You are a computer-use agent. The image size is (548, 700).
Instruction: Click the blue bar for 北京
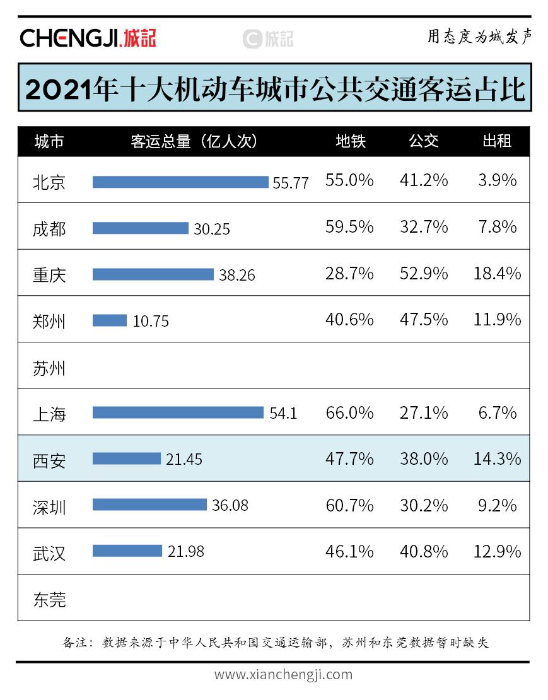[x=180, y=182]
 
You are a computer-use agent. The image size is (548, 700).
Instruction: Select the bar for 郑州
[x=110, y=320]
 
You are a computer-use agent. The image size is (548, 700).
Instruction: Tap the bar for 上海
[x=178, y=412]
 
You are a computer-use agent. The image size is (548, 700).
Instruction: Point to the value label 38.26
[x=237, y=275]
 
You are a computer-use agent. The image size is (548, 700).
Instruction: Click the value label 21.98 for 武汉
[x=186, y=551]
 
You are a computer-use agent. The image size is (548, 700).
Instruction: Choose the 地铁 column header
[x=351, y=141]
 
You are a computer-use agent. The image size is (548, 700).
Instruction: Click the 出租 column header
[x=496, y=141]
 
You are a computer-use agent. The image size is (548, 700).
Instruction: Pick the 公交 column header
[x=424, y=141]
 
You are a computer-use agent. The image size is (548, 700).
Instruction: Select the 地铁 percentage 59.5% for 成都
[x=349, y=227]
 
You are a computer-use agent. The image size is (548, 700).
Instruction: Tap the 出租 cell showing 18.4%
[x=497, y=274]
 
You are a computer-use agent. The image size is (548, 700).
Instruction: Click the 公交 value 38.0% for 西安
[x=424, y=459]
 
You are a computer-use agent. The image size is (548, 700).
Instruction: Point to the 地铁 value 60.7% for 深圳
[x=349, y=505]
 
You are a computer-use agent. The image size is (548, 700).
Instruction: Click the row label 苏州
[x=49, y=368]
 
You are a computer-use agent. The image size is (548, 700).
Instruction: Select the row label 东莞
[x=49, y=599]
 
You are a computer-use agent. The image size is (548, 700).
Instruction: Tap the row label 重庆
[x=49, y=275]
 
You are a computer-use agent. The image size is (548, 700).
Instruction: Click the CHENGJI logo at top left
[x=88, y=38]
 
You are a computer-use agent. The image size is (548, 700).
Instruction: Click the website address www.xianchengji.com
[x=283, y=674]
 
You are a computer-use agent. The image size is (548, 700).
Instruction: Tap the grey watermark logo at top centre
[x=268, y=38]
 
